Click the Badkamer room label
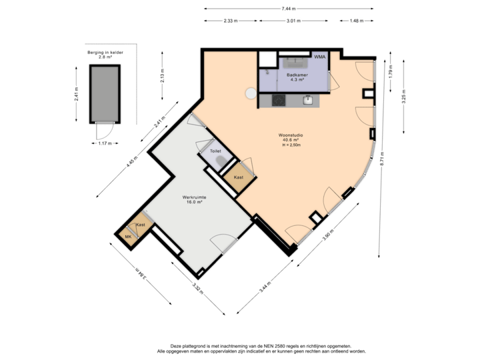[297, 75]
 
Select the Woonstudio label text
[291, 139]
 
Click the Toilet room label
[215, 151]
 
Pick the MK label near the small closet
[128, 236]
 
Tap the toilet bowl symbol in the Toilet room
[227, 155]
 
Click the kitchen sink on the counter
[308, 100]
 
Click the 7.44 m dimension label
[289, 9]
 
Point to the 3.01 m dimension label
[294, 21]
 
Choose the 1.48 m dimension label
[357, 21]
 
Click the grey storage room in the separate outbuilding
[103, 93]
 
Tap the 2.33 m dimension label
[231, 21]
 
